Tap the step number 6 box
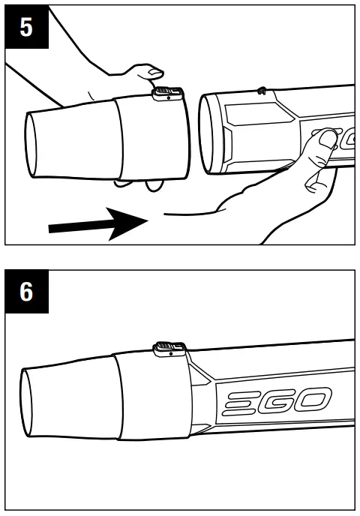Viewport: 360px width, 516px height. [x=25, y=292]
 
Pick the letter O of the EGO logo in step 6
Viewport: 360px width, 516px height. [x=315, y=403]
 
